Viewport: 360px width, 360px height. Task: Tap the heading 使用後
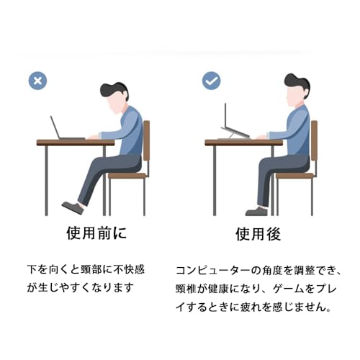tap(258, 235)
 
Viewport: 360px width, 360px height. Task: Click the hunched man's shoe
tap(72, 207)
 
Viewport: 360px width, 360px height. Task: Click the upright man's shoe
tap(256, 211)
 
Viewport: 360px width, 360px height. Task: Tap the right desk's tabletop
tap(241, 143)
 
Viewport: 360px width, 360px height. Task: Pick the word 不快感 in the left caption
tap(129, 271)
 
